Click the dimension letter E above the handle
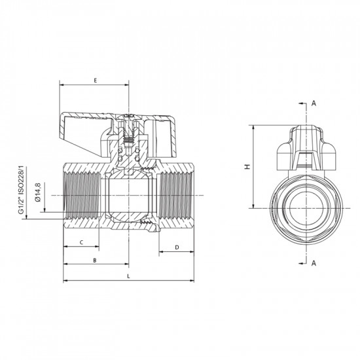[95, 81]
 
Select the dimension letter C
[81, 242]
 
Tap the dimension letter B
[95, 260]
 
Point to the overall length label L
[128, 277]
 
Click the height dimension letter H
[247, 166]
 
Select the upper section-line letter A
[314, 103]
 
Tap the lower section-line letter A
[314, 263]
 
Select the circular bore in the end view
[305, 208]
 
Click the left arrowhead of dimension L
[65, 282]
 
